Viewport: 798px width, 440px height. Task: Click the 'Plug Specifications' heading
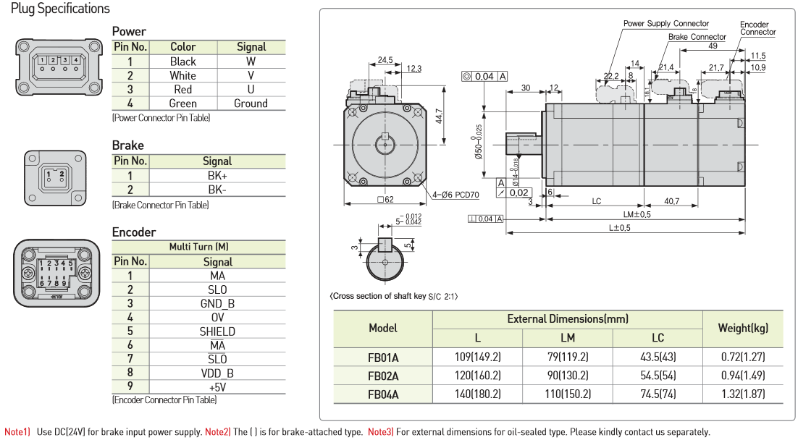[61, 9]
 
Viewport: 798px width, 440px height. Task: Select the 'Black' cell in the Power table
[182, 62]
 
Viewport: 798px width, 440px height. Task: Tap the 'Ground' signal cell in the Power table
[251, 103]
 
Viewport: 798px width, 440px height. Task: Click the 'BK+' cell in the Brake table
[217, 176]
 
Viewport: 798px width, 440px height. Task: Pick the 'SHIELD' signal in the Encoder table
[217, 331]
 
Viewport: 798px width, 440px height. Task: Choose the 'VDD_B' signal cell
[217, 373]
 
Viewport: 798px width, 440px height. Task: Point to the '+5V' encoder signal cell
[217, 387]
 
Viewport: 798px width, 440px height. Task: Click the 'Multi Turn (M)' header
[199, 247]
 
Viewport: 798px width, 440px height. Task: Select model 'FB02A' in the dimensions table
[383, 376]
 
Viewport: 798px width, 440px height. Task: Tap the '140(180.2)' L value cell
[478, 394]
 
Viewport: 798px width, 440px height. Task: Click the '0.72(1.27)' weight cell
[743, 357]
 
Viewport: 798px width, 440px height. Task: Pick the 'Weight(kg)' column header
[743, 329]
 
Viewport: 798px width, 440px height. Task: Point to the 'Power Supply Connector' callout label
[666, 24]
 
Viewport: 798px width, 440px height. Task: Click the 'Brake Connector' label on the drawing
[697, 37]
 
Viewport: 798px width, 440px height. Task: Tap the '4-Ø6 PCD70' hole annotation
[459, 195]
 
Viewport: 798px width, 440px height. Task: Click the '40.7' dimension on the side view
[671, 201]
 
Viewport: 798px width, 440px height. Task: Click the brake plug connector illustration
[56, 177]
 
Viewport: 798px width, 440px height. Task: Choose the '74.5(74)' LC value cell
[658, 394]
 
